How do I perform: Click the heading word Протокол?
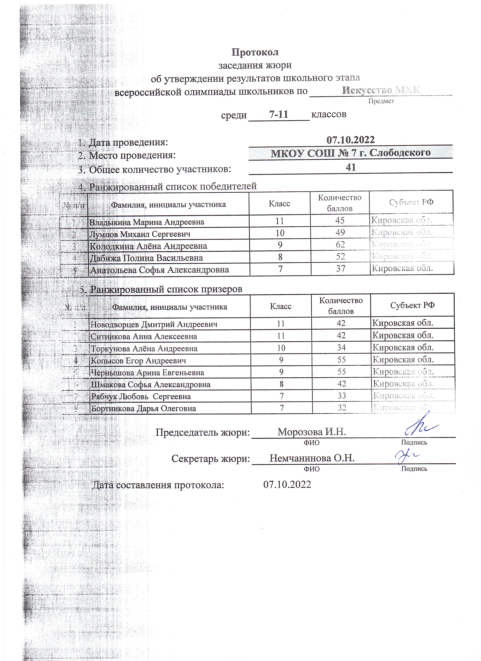255,52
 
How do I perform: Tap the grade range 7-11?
279,114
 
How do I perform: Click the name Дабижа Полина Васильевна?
146,258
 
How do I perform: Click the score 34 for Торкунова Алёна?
341,348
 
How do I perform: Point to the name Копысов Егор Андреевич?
138,360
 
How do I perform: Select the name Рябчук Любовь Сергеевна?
141,396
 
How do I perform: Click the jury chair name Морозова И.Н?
312,432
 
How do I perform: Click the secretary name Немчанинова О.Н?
312,458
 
